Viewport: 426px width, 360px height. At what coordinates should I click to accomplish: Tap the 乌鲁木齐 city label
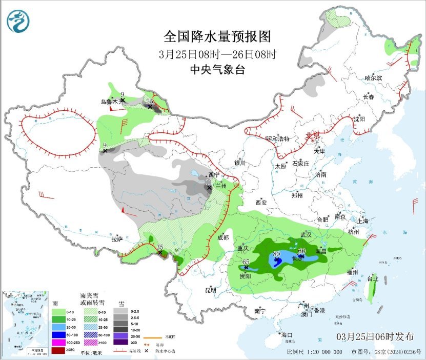pyautogui.click(x=110, y=102)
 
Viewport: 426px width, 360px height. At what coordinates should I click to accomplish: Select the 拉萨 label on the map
pyautogui.click(x=117, y=238)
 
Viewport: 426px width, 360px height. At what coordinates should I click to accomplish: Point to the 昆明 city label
pyautogui.click(x=211, y=290)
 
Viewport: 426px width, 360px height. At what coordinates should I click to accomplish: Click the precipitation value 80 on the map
pyautogui.click(x=276, y=253)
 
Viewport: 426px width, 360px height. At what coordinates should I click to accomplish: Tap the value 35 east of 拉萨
pyautogui.click(x=159, y=247)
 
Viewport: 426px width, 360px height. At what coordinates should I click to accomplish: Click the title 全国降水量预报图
pyautogui.click(x=217, y=36)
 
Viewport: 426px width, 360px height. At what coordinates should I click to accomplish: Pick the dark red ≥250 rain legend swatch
pyautogui.click(x=58, y=351)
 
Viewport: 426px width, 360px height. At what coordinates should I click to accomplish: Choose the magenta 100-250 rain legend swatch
pyautogui.click(x=58, y=343)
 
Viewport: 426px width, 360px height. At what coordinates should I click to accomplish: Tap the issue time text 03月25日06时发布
pyautogui.click(x=375, y=337)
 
